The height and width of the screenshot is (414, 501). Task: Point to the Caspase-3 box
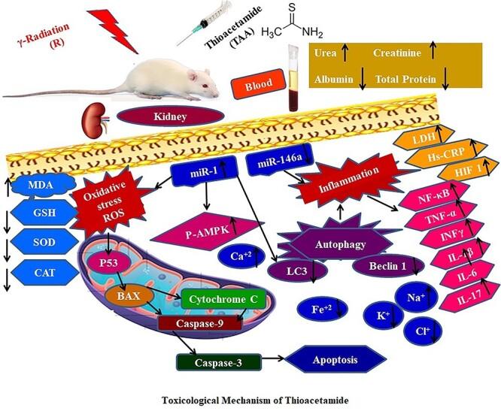coord(220,361)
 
